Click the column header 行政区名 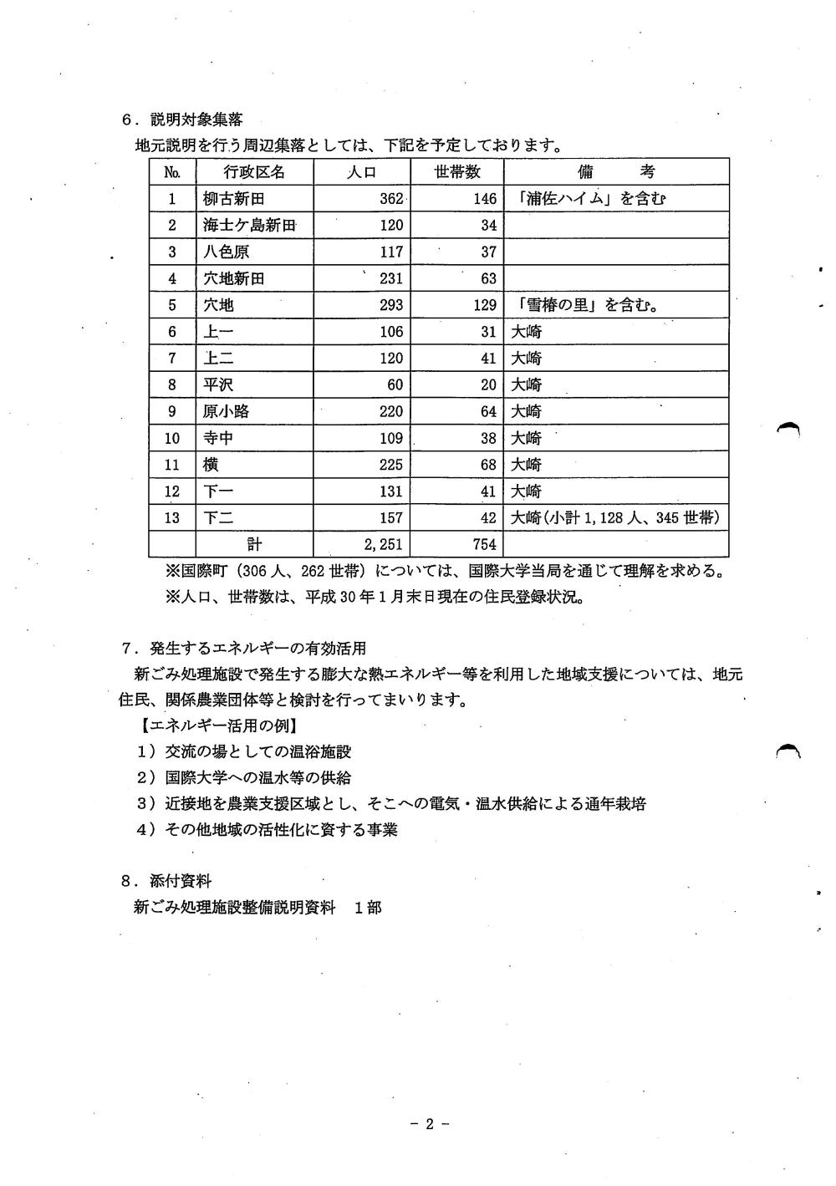[x=254, y=172]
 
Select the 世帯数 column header [x=457, y=172]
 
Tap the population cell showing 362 [x=390, y=199]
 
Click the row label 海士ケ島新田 [x=249, y=226]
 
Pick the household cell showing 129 [x=484, y=305]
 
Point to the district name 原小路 [x=226, y=411]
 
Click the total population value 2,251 [x=384, y=545]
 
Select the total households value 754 [x=484, y=545]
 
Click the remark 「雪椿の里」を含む [x=584, y=305]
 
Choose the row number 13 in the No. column [x=171, y=518]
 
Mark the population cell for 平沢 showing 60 [x=395, y=384]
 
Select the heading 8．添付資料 [x=166, y=881]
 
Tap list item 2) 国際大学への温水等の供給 [x=244, y=777]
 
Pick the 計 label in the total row [x=254, y=545]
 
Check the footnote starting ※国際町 [x=444, y=573]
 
